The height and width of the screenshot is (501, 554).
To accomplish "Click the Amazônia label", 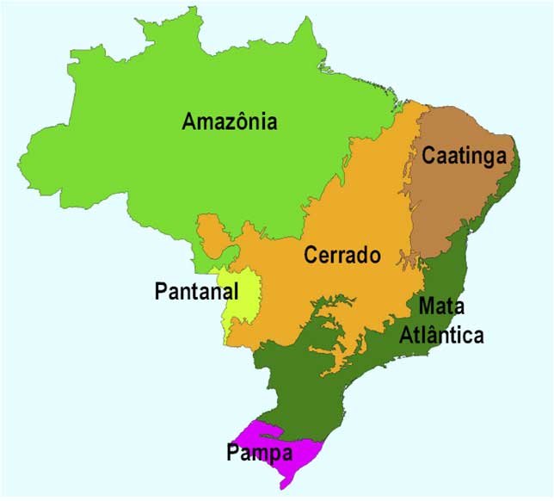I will (x=230, y=121).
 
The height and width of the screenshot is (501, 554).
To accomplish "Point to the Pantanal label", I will (x=196, y=291).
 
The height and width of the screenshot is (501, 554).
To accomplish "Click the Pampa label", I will (x=260, y=451).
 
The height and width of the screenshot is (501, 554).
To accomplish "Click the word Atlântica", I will (x=441, y=335).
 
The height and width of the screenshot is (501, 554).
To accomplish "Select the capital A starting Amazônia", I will (x=189, y=121).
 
